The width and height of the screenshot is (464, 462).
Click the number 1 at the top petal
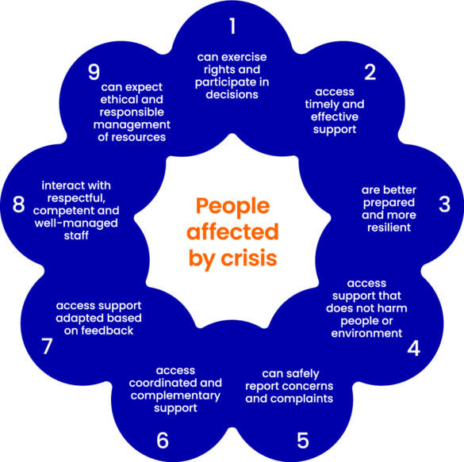coord(233,25)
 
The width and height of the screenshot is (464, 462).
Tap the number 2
coord(370,72)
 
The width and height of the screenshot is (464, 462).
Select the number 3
coord(444,204)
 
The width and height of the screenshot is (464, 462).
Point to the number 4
coord(414,348)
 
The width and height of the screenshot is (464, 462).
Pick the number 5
coord(303,441)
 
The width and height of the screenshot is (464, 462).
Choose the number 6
coord(163,441)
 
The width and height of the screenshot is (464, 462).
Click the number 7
coord(47,346)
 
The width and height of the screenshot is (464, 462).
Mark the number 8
coord(19,204)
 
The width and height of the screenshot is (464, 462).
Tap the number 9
coord(94,72)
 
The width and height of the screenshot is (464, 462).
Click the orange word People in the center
coord(233,206)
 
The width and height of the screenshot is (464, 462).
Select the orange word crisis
coord(249,258)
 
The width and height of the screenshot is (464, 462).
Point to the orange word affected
coord(232,231)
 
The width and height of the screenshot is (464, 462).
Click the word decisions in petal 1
coord(232,94)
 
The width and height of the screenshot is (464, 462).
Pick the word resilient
coord(389,227)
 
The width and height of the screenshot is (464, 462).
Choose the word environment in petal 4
coord(366,333)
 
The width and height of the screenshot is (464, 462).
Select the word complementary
coord(175,395)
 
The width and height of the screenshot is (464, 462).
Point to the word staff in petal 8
coord(76,235)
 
